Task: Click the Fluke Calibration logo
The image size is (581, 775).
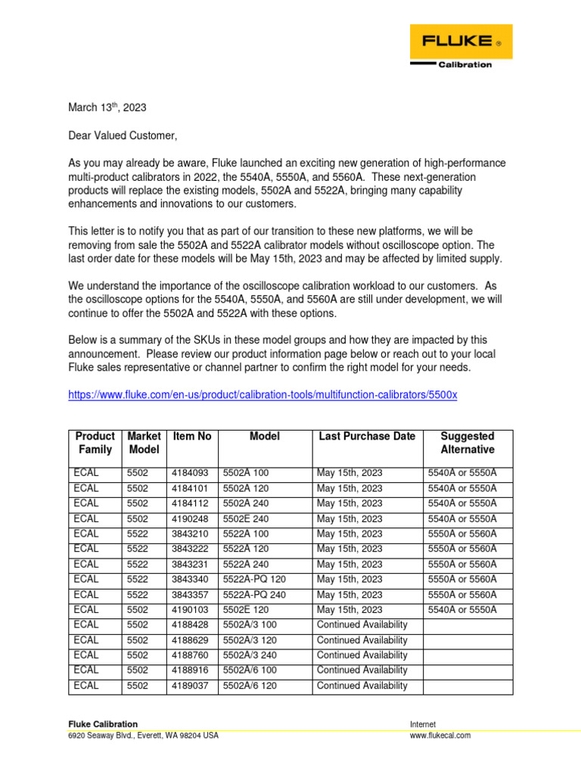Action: [461, 46]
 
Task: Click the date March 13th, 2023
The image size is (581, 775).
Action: [107, 108]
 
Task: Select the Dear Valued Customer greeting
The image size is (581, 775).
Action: [123, 136]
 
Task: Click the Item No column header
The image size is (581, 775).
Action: [192, 437]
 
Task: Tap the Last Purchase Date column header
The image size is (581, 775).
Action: [367, 437]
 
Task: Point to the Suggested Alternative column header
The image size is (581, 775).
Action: [468, 443]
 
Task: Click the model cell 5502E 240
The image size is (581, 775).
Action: [246, 519]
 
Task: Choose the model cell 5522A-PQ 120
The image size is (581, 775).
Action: [253, 580]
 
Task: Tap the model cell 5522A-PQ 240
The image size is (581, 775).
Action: [253, 595]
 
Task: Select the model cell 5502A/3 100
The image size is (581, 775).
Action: [249, 625]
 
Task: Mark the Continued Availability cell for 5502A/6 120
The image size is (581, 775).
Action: [362, 686]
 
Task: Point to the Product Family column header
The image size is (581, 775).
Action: [95, 443]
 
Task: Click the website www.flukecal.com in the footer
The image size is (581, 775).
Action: [440, 736]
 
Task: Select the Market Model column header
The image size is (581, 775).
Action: [144, 443]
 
